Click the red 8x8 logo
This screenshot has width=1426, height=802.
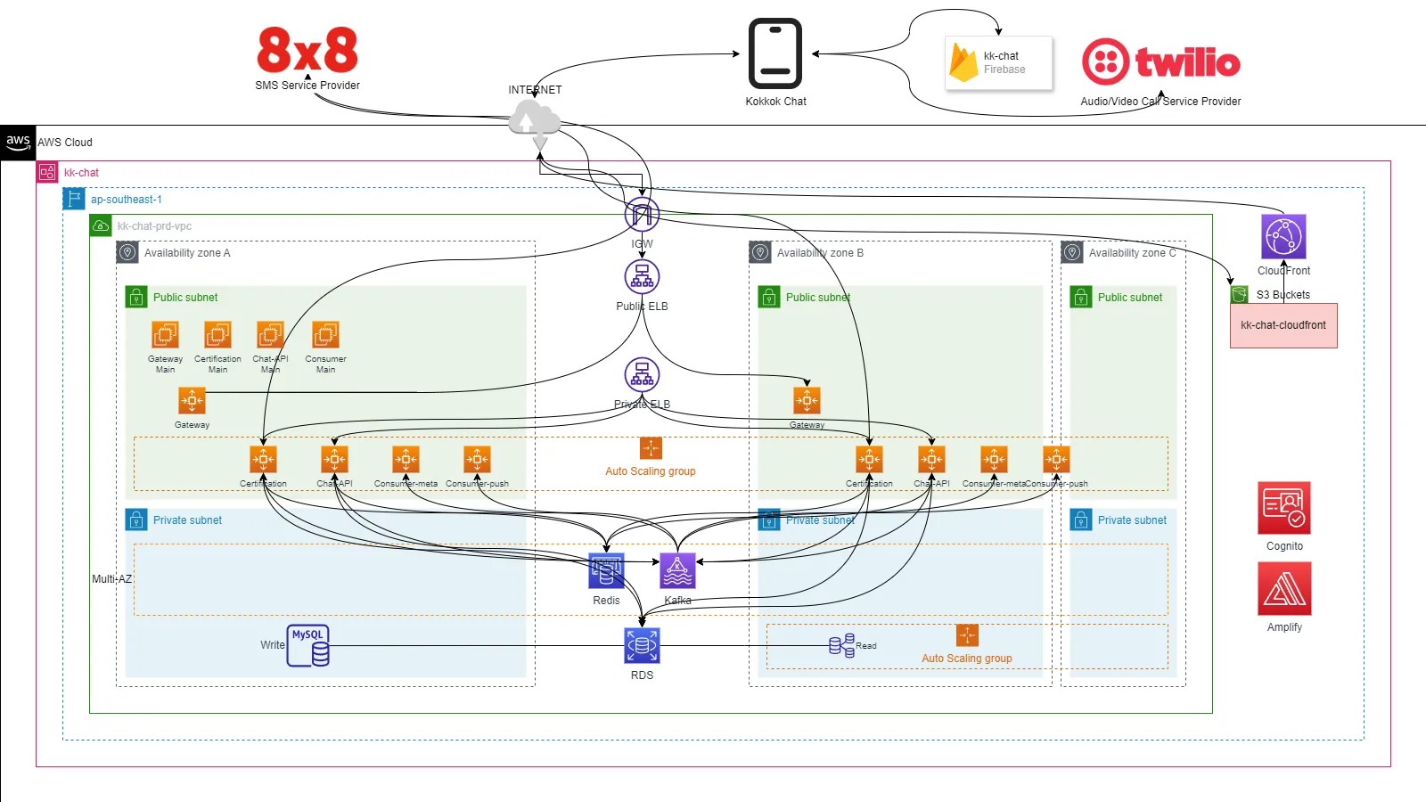pyautogui.click(x=307, y=50)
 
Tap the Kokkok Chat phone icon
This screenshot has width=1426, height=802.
pyautogui.click(x=774, y=53)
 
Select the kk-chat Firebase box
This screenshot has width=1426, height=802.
pyautogui.click(x=999, y=62)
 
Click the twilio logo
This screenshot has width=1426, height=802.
pyautogui.click(x=1160, y=61)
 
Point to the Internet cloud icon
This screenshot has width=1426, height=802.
pyautogui.click(x=534, y=119)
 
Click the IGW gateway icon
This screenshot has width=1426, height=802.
pyautogui.click(x=642, y=215)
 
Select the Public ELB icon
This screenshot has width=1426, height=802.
pyautogui.click(x=642, y=277)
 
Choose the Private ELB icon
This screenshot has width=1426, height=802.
pyautogui.click(x=642, y=375)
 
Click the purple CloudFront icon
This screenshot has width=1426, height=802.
pyautogui.click(x=1283, y=237)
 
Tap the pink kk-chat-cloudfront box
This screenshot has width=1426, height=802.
pyautogui.click(x=1283, y=325)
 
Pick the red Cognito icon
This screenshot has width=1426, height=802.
pyautogui.click(x=1284, y=508)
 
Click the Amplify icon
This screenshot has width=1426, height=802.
pyautogui.click(x=1284, y=589)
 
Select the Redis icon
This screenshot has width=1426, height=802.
pyautogui.click(x=606, y=571)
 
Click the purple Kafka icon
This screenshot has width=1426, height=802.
pyautogui.click(x=677, y=571)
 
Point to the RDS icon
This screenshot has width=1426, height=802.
pyautogui.click(x=642, y=646)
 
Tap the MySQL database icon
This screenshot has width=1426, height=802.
pyautogui.click(x=308, y=646)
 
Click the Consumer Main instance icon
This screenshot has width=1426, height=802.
pyautogui.click(x=325, y=335)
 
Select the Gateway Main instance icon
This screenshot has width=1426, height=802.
pyautogui.click(x=165, y=335)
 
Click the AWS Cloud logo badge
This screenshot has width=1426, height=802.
pyautogui.click(x=18, y=142)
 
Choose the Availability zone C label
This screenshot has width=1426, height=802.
pyautogui.click(x=1132, y=253)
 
